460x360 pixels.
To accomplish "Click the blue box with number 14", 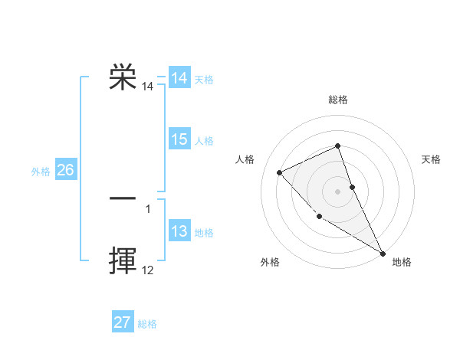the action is click(x=179, y=78).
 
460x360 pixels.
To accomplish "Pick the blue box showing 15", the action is click(x=179, y=139).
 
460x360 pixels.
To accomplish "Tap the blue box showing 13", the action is click(x=179, y=231).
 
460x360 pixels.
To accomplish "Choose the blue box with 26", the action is click(x=65, y=170).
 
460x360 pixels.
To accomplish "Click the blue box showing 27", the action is click(x=123, y=322).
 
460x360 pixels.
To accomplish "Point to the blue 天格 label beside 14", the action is click(x=204, y=80).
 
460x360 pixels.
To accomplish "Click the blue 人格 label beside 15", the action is click(x=204, y=141).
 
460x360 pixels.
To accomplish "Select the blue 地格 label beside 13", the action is click(x=204, y=233).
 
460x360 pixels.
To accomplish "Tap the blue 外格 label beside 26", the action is click(x=41, y=172).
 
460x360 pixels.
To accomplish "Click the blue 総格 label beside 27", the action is click(x=147, y=324).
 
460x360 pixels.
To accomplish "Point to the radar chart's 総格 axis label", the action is click(x=338, y=100).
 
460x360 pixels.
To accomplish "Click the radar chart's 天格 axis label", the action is click(x=431, y=159).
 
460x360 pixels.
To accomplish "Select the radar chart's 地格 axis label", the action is click(x=402, y=262).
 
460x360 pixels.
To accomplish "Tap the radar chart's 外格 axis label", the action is click(x=270, y=262).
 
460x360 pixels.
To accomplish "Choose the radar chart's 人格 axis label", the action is click(x=245, y=159).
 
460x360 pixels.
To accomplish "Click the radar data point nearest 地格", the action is click(x=383, y=253).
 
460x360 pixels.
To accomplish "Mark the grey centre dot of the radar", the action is click(x=337, y=191).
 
